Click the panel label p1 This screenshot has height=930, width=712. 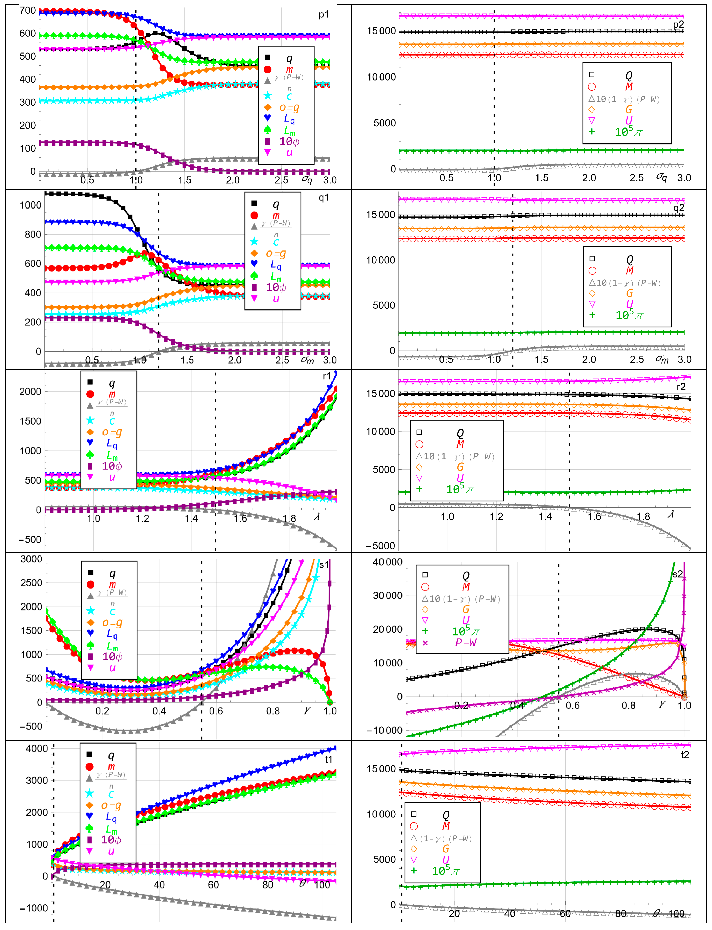(x=323, y=15)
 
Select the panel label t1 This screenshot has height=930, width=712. (x=328, y=759)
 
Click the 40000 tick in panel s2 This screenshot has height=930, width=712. (x=387, y=562)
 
